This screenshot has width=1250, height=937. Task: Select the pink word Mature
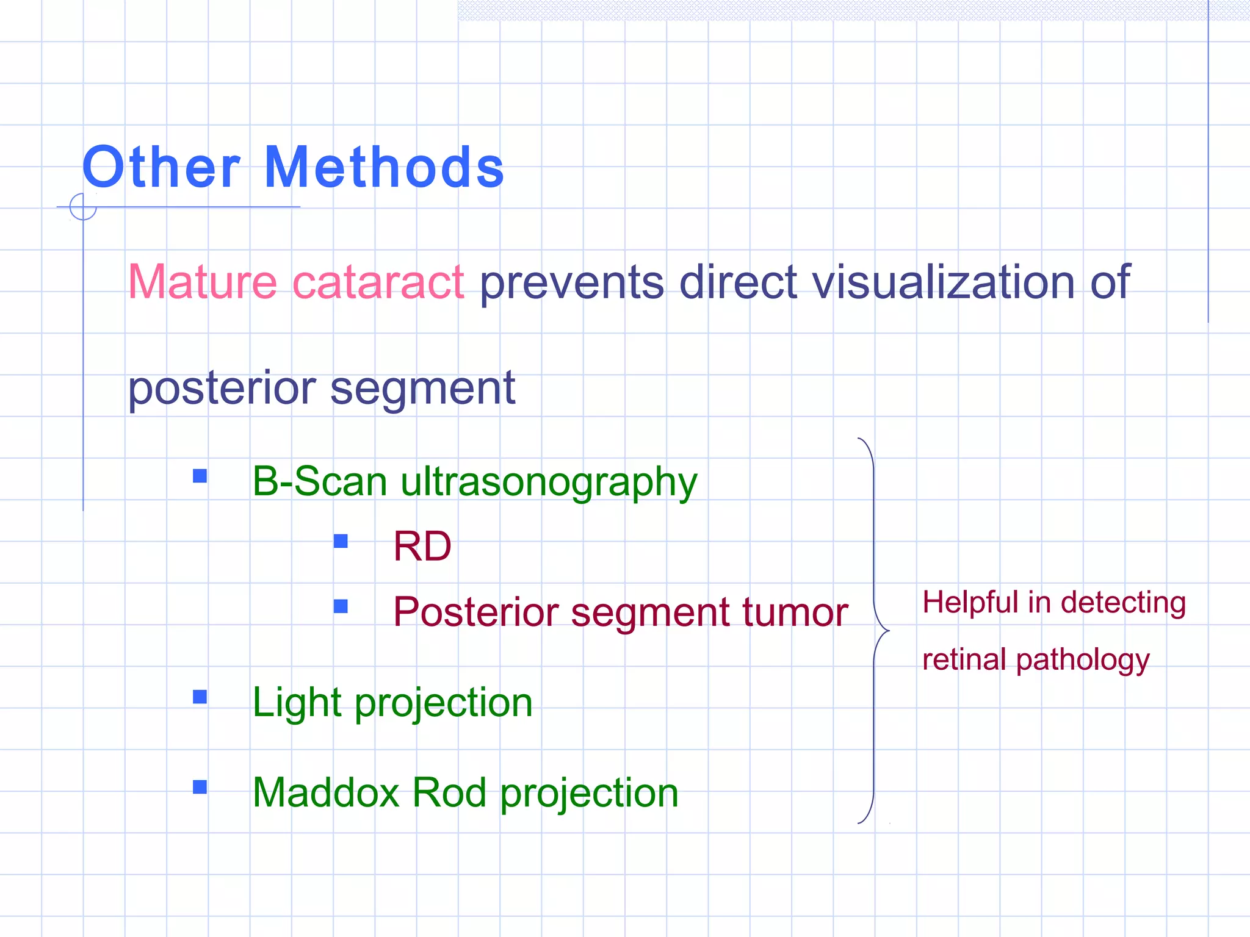[203, 282]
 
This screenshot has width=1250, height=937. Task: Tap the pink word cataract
[378, 282]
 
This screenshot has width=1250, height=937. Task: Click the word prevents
[571, 283]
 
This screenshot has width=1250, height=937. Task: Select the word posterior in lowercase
[222, 389]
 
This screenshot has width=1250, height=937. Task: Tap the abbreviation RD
[422, 546]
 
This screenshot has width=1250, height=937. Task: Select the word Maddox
[326, 792]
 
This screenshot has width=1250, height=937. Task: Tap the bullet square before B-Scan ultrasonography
[200, 476]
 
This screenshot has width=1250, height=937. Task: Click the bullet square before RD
[341, 541]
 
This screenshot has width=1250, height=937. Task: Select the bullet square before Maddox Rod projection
[200, 787]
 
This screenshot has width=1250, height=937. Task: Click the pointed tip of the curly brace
[888, 631]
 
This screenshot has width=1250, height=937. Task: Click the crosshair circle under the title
[83, 207]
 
